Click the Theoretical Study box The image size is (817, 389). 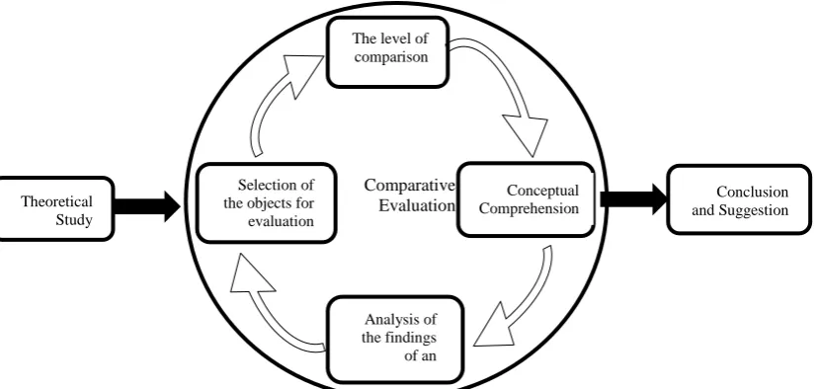click(56, 209)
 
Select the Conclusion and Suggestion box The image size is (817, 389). click(739, 199)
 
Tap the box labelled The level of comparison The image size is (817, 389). click(387, 52)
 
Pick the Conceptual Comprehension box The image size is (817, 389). click(526, 199)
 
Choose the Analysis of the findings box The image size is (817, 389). click(395, 340)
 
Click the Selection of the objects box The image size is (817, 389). click(267, 203)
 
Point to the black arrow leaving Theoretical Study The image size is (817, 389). click(147, 206)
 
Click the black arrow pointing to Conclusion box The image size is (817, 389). click(633, 198)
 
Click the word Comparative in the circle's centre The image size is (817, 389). click(410, 185)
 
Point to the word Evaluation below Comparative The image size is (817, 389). click(417, 205)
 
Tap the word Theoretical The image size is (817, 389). click(56, 201)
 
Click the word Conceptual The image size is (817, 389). click(542, 192)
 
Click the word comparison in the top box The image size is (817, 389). click(391, 56)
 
